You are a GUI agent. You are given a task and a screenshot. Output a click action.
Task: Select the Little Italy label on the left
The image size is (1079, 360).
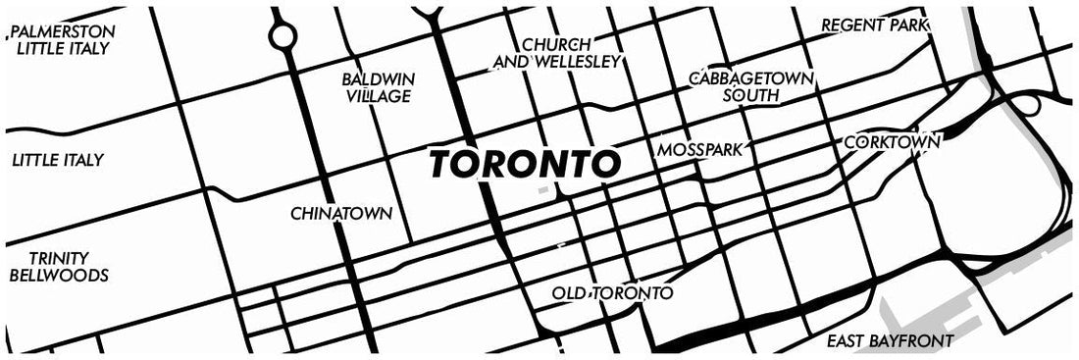[x=58, y=160]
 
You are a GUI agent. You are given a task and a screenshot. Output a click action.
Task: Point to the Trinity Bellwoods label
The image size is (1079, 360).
[x=58, y=266]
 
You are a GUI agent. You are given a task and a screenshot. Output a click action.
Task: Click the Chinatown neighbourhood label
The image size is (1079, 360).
[x=341, y=213]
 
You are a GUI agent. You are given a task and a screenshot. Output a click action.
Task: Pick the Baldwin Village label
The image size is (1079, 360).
[x=378, y=87]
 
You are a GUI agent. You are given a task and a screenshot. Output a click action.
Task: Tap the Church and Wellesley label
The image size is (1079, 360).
[x=556, y=53]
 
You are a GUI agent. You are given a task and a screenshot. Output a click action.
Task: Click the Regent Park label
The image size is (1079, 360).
[x=875, y=24]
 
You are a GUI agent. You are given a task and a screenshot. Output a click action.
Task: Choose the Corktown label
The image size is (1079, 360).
[x=892, y=142]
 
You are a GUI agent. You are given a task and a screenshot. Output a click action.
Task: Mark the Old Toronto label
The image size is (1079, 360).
[x=612, y=293]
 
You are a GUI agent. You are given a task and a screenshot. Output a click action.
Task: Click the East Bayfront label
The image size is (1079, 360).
[x=890, y=341]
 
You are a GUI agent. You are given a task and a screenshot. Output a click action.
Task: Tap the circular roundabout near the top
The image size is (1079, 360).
[x=283, y=37]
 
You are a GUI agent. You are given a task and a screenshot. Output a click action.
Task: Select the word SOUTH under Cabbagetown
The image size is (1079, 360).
[x=750, y=96]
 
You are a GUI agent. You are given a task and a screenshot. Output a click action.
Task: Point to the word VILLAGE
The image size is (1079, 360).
[x=378, y=96]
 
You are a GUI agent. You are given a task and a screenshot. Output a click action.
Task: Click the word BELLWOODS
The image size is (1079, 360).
[x=58, y=276]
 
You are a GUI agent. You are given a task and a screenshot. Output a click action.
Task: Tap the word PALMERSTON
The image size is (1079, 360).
[x=60, y=31]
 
